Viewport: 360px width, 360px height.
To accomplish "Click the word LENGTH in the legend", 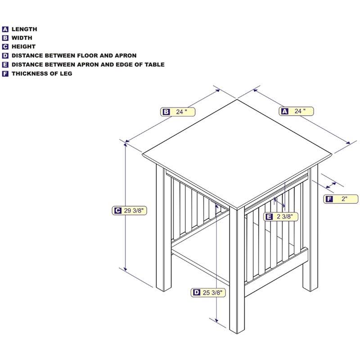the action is (x=24, y=29).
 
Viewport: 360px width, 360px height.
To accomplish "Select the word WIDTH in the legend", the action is (x=22, y=38).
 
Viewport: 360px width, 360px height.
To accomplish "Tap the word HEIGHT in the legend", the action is (x=24, y=47).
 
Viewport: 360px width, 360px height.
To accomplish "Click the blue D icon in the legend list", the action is (x=5, y=56).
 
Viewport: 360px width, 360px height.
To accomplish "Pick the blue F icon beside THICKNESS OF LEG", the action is (x=5, y=74).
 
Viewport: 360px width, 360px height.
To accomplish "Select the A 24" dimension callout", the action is (x=296, y=111).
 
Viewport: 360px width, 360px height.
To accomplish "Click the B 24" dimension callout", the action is (x=178, y=112).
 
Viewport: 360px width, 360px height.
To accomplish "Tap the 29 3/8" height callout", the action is (x=129, y=211).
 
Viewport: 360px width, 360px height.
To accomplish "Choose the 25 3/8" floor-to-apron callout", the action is (x=208, y=292).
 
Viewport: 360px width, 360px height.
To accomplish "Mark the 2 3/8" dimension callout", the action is (x=281, y=216).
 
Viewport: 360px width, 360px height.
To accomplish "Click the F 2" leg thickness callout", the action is (x=341, y=199).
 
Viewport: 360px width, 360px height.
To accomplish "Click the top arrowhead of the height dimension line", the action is (x=126, y=144).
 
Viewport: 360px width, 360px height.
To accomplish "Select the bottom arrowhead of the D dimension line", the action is (x=216, y=320).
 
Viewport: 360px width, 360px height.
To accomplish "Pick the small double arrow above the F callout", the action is (x=331, y=185).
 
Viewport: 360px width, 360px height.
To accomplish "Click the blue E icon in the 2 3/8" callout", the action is (x=269, y=216).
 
